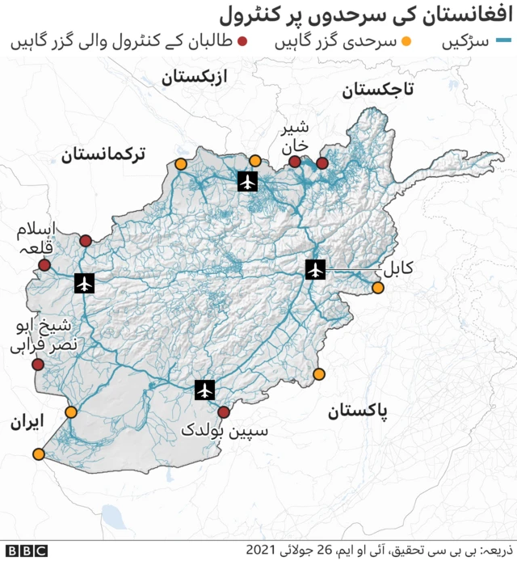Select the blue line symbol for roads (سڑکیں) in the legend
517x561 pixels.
coord(504,40)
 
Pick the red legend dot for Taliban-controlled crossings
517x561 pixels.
coord(242,40)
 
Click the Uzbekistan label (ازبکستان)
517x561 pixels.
coord(194,78)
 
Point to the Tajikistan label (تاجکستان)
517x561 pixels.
coord(377,90)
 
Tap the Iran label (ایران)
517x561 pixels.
coord(27,421)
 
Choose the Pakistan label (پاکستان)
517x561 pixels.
coord(357,411)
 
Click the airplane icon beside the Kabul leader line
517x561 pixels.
coord(315,269)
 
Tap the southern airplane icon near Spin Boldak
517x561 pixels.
coord(205,390)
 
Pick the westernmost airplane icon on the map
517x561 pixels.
coord(83,283)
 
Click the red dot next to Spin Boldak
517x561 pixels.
coord(224,412)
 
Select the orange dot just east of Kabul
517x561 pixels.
coord(377,288)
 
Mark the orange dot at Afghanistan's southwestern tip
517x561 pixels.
coord(38,454)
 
